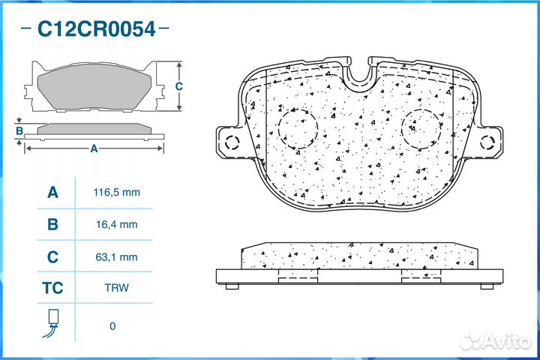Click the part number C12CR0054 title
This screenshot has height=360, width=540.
pos(96,29)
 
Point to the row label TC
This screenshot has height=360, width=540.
pos(52,288)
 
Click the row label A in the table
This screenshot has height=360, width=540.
pos(52,193)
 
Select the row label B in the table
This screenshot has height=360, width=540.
pos(52,224)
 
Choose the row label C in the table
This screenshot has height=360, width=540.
pos(52,256)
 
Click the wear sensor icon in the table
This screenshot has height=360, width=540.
pos(52,323)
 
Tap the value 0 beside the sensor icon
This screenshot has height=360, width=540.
pos(112,325)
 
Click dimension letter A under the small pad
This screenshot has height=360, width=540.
pos(94,148)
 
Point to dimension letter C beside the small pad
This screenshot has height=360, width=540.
pos(178,86)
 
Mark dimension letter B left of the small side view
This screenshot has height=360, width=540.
pos(19,131)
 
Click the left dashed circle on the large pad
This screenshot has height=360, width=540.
pos(297,127)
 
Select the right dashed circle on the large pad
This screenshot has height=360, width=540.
pos(421,127)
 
